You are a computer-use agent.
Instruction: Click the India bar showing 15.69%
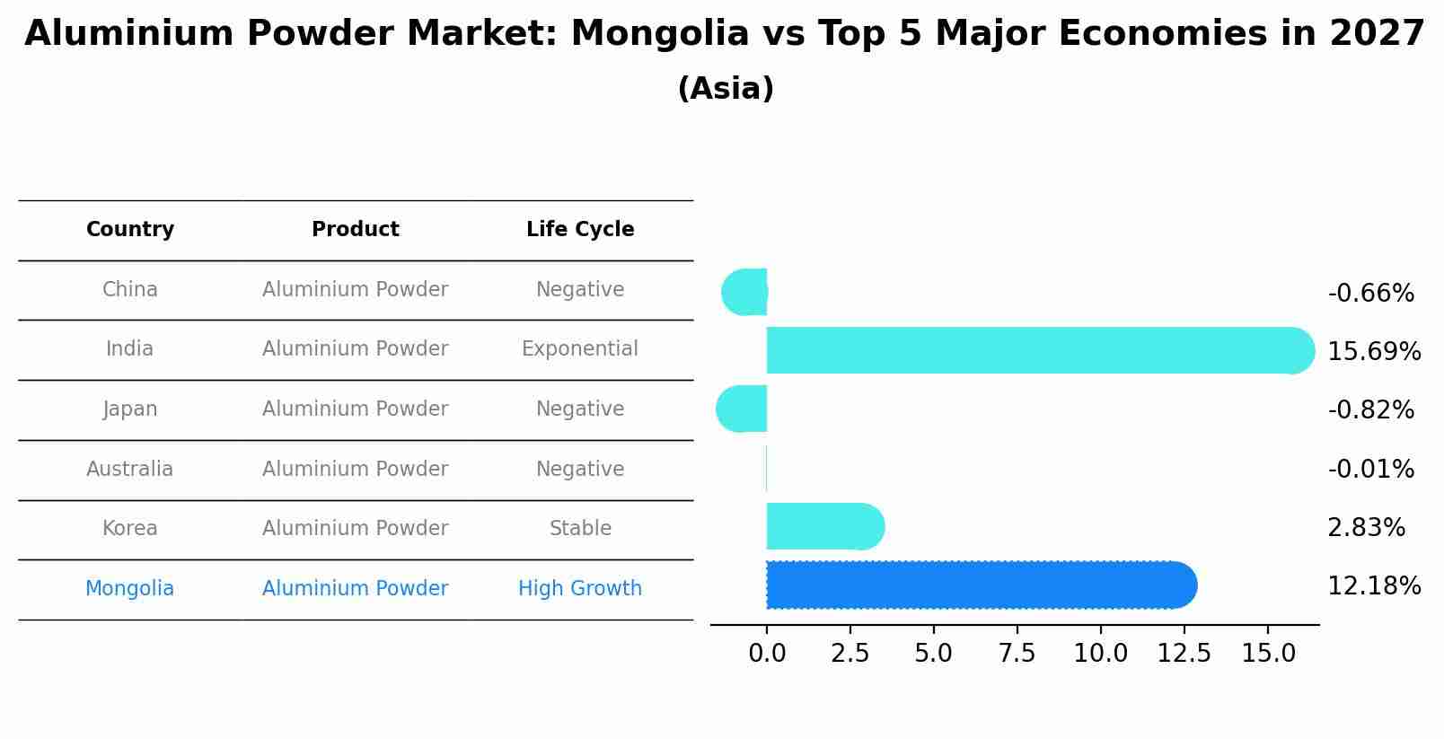[1033, 350]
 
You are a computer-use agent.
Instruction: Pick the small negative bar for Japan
[744, 409]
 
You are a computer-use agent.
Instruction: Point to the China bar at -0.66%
[746, 292]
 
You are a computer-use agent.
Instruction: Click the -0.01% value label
[1370, 469]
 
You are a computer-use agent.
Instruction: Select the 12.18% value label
[1374, 586]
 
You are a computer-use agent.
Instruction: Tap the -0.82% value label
[1370, 410]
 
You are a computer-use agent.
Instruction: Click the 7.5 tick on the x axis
[1017, 654]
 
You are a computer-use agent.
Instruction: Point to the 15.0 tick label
[1268, 654]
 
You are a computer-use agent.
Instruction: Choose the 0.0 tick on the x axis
[767, 654]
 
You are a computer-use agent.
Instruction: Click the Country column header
[130, 230]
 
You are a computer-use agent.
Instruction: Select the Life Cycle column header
[580, 230]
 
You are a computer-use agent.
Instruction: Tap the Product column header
[356, 230]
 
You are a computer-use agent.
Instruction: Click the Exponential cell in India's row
[580, 349]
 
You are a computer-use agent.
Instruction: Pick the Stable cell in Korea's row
[580, 529]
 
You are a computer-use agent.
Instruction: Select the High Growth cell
[580, 589]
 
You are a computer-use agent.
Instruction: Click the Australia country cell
[130, 470]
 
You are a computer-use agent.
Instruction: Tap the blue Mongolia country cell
[130, 589]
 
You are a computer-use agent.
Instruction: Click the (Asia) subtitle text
[726, 89]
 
